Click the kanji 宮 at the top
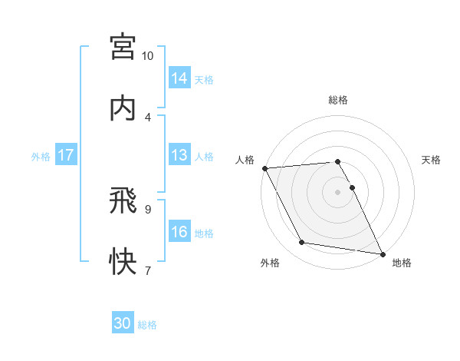pos(123,47)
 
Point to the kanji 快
pos(123,261)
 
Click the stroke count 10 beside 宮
pos(148,56)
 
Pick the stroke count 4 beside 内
pos(148,117)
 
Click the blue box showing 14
pos(179,78)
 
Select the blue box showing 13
pos(179,155)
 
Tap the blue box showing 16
pos(179,232)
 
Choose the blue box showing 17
pos(66,155)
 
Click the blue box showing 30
pos(123,324)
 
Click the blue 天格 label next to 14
pos(204,79)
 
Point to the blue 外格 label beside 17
pos(41,156)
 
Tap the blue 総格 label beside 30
pos(147,325)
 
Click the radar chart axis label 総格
pos(338,100)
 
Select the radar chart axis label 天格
pos(432,160)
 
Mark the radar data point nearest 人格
pos(264,168)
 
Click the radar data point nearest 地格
pos(382,253)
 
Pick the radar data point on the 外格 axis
pos(302,243)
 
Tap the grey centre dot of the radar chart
pos(338,192)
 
